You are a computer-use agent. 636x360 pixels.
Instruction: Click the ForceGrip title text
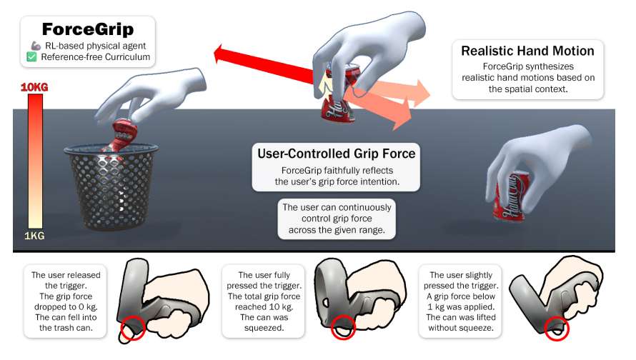pos(88,29)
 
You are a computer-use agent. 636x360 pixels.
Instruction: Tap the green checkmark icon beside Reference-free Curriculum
pos(31,56)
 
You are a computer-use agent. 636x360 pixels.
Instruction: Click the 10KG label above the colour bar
pos(34,86)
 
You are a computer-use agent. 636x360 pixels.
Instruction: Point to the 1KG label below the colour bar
pos(34,236)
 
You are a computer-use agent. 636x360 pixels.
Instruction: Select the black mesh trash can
pos(111,187)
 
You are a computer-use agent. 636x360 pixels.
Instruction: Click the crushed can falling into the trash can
pos(121,134)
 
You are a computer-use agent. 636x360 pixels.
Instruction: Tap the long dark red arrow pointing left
pos(264,65)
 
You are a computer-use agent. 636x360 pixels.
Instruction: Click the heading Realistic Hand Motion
pos(527,51)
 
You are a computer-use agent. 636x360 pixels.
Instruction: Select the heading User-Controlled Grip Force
pos(337,154)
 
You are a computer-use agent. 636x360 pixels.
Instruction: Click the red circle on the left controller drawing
pos(133,328)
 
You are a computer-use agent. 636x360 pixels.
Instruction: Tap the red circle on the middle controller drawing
pos(343,328)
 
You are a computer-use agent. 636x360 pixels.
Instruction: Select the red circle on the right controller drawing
pos(557,329)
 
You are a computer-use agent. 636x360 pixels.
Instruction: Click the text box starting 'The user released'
pos(65,301)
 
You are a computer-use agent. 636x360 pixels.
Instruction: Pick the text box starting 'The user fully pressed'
pos(264,301)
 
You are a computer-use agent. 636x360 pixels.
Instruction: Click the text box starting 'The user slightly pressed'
pos(461,301)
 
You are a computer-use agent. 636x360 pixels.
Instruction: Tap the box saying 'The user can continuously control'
pos(337,219)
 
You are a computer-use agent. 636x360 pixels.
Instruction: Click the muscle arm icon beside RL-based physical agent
pos(36,46)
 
